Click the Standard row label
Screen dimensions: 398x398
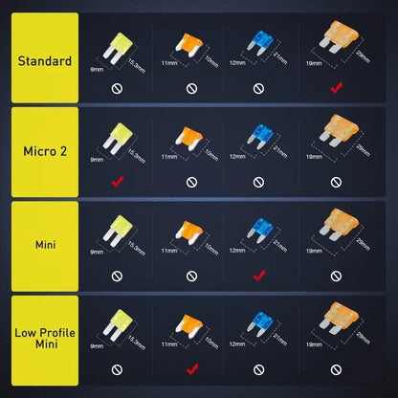(44, 61)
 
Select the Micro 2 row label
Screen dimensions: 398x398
(44, 151)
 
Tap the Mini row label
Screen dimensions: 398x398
(44, 245)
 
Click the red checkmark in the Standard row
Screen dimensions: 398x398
(335, 88)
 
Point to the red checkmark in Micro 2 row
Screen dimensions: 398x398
(115, 180)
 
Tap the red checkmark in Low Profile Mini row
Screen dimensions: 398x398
(190, 366)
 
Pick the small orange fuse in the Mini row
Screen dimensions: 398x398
(188, 230)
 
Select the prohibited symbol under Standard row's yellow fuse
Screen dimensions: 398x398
(115, 88)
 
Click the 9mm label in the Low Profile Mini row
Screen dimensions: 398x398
(97, 343)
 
